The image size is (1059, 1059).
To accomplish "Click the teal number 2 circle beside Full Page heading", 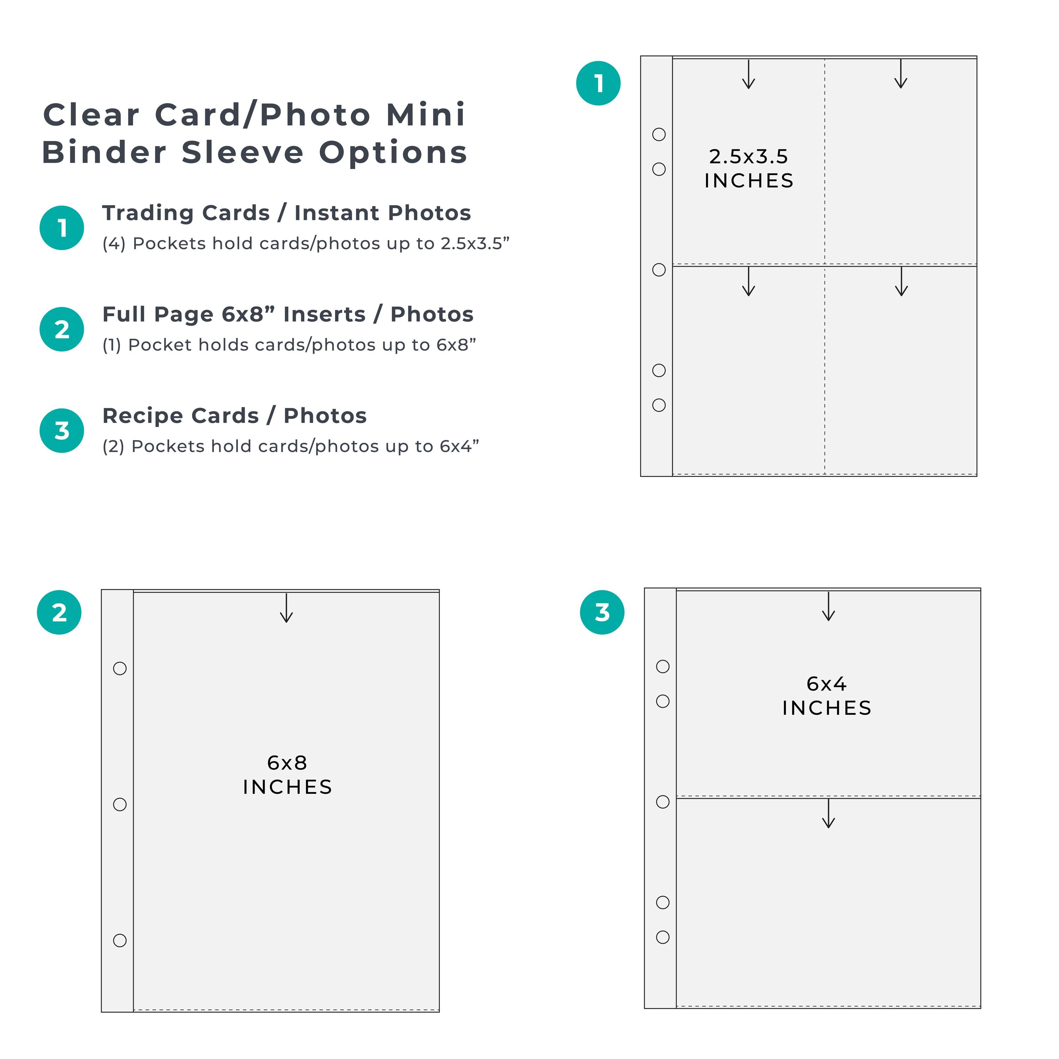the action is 62,329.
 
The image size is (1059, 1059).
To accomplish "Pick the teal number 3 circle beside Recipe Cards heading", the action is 62,430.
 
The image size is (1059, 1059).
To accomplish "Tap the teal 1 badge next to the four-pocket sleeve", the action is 599,83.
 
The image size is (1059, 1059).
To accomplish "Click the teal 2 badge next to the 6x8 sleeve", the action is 59,612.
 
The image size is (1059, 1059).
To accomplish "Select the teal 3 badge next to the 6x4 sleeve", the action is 603,612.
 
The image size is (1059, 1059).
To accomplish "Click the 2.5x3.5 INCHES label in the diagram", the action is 749,168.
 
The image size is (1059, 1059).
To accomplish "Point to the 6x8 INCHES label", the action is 287,774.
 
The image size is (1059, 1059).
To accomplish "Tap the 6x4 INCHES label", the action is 827,695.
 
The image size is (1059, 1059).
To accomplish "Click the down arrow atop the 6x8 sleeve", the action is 287,608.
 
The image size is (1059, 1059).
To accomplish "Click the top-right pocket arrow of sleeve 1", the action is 901,74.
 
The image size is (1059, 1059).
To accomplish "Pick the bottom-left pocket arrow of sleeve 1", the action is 749,282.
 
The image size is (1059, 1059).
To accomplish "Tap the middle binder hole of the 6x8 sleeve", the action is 120,804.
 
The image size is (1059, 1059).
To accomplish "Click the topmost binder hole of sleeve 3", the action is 663,666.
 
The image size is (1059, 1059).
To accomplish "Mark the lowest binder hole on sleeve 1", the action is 659,405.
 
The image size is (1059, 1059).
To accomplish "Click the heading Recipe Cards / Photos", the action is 235,415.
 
